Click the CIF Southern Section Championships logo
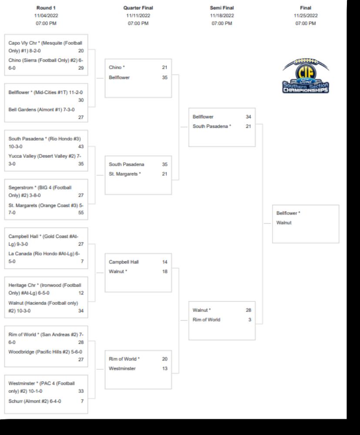coord(306,76)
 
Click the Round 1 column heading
coord(46,8)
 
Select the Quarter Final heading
coord(138,8)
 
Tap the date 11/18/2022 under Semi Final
coord(222,16)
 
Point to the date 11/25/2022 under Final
coord(306,16)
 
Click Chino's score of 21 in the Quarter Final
coord(164,67)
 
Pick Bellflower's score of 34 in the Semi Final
coord(248,117)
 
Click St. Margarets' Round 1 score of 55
coord(81,213)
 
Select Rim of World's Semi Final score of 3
coord(249,320)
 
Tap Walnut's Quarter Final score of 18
coord(164,271)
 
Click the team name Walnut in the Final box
coord(284,223)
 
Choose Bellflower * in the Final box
coord(288,213)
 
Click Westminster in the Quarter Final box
coord(122,368)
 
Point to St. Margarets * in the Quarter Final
coord(125,174)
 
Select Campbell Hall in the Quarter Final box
coord(124,262)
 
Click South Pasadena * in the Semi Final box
coord(212,126)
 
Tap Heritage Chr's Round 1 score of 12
coord(81,293)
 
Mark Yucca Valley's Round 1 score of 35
coord(81,164)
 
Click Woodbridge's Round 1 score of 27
coord(81,360)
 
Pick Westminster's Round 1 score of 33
coord(81,391)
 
